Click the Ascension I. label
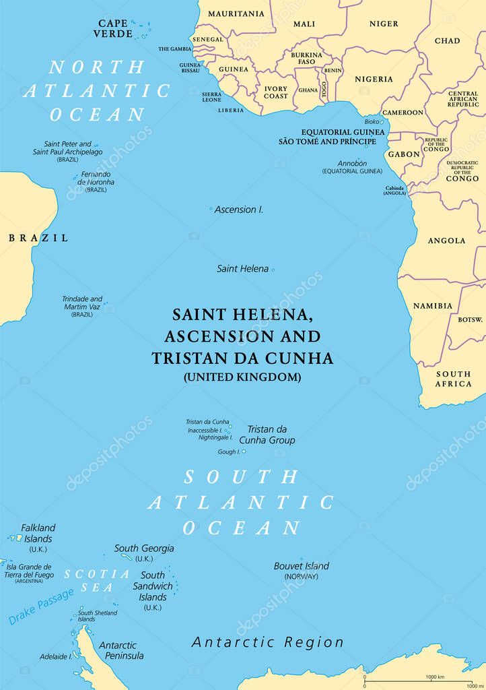click(239, 210)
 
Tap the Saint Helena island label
click(242, 268)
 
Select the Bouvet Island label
click(301, 566)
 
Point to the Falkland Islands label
click(38, 533)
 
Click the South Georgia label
click(144, 548)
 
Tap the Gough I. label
click(228, 451)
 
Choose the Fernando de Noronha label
click(96, 177)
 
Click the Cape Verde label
click(112, 28)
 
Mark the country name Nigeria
click(374, 79)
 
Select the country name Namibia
click(433, 305)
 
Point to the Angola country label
click(446, 241)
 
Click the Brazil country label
click(38, 238)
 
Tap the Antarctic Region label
click(268, 642)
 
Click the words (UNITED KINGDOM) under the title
click(242, 377)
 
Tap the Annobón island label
click(352, 163)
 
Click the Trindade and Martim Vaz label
click(82, 303)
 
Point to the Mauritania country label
click(236, 13)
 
